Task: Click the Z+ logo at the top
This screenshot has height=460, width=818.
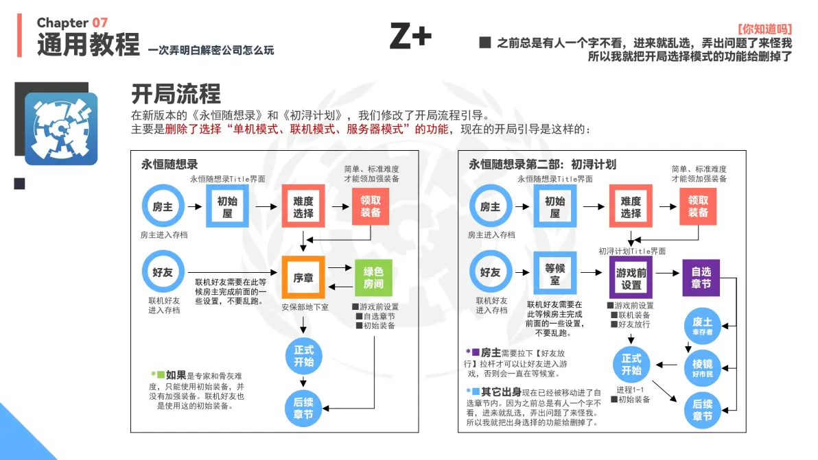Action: click(x=410, y=36)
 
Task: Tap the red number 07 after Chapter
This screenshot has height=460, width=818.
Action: click(x=100, y=23)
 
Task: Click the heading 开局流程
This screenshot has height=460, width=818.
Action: click(x=176, y=95)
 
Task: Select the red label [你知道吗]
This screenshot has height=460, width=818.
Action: click(x=764, y=29)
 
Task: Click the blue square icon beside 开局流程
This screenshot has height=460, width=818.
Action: click(x=61, y=129)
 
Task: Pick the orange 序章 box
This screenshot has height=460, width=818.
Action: click(x=303, y=278)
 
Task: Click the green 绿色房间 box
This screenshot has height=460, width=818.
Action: click(x=373, y=278)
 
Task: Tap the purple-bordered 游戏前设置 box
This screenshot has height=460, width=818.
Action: click(x=631, y=278)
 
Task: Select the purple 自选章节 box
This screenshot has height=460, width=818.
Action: click(x=701, y=278)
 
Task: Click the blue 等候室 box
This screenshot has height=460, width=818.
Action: click(x=554, y=274)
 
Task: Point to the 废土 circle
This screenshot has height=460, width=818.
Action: click(x=702, y=326)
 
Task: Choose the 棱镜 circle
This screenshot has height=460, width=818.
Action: click(x=702, y=367)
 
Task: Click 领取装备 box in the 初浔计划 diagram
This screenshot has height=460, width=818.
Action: click(x=698, y=206)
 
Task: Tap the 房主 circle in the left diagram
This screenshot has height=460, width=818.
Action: click(x=163, y=206)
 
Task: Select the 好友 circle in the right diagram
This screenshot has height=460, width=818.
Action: click(x=491, y=272)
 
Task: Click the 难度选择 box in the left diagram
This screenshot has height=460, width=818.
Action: click(x=303, y=206)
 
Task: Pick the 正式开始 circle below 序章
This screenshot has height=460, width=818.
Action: click(x=303, y=356)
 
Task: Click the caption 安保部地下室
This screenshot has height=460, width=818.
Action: click(x=305, y=307)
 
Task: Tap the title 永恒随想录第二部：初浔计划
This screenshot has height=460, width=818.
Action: click(x=542, y=165)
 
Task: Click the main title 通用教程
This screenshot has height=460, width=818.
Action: click(x=88, y=45)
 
